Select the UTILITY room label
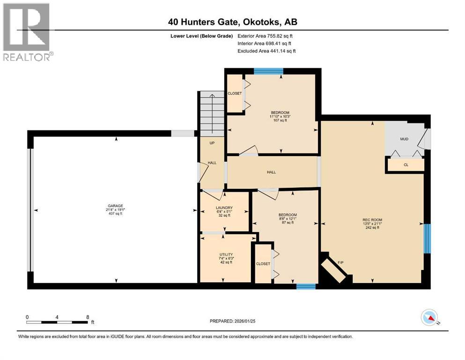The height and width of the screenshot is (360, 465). coord(226,255)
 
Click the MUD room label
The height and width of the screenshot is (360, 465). coord(404,139)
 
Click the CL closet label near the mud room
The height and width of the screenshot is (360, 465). coord(406,165)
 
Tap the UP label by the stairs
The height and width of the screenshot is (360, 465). coord(212,143)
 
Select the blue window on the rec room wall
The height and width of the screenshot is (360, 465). coord(427,239)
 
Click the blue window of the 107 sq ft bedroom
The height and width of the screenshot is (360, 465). coord(268,71)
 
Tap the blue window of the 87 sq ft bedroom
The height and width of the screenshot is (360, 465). coord(306,286)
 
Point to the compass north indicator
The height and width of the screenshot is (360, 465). coord(429,317)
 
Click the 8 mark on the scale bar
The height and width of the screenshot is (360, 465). coord(88,317)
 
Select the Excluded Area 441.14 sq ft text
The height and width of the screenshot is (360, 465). coord(266,51)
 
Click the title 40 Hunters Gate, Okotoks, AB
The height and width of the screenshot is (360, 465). coord(233,22)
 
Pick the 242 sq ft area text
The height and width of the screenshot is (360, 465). coord(372,228)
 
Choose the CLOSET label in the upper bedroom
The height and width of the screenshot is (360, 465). coord(235,93)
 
